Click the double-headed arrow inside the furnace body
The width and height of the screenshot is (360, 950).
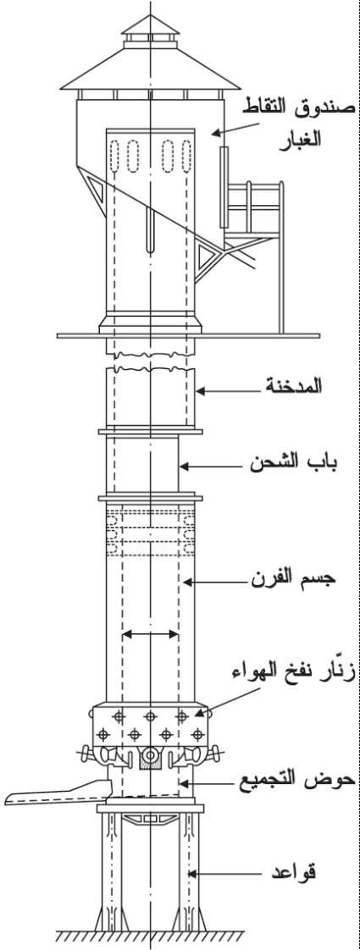coord(150,634)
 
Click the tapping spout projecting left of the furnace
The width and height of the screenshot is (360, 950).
coord(58,792)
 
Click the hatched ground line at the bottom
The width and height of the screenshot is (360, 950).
coord(150,938)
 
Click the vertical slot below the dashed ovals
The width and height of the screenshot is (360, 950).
coord(150,230)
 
